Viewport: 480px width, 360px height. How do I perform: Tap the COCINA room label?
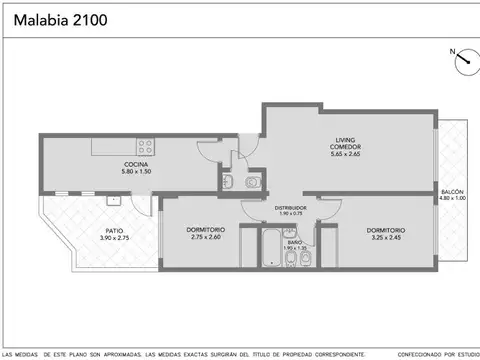click(137, 164)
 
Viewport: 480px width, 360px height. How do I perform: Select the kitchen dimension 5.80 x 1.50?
click(137, 172)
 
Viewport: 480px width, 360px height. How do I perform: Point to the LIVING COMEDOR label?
click(345, 144)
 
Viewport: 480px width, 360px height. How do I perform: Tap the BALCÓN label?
click(453, 191)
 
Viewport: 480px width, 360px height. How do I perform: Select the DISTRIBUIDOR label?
click(290, 207)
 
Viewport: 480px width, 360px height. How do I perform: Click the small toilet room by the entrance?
click(239, 181)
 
